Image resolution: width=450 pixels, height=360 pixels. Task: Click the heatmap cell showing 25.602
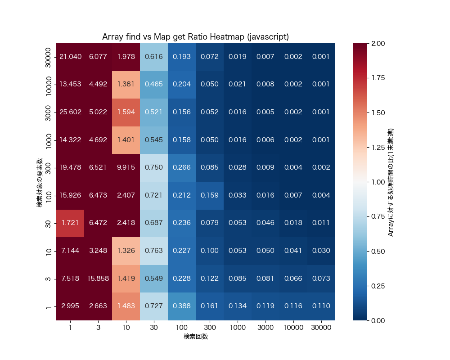pos(70,112)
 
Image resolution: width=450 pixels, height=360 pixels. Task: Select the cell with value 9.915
pos(126,167)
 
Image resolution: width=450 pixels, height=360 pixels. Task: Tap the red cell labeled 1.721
pos(70,223)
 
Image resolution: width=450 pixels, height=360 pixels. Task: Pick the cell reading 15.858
pos(98,279)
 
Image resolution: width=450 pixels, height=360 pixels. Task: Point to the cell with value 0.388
pos(182,306)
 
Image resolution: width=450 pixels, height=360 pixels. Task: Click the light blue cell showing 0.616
pos(154,57)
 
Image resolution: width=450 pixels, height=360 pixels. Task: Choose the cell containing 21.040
pos(70,57)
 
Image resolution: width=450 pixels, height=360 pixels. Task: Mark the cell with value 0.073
pos(321,279)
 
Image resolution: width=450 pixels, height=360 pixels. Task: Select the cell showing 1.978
pos(126,57)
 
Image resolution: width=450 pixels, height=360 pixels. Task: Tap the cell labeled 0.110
pos(321,306)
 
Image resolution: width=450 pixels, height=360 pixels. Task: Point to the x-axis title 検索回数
pos(196,337)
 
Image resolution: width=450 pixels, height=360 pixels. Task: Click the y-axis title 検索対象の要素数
pos(40,182)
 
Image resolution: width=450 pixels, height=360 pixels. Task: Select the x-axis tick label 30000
pos(321,328)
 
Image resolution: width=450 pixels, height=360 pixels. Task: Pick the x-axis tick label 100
pos(182,328)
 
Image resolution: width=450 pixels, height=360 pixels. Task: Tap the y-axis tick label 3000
pos(49,112)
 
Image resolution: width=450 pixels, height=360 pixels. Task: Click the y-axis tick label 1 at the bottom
pos(49,306)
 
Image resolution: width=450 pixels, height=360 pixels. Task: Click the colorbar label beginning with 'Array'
pos(391,182)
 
